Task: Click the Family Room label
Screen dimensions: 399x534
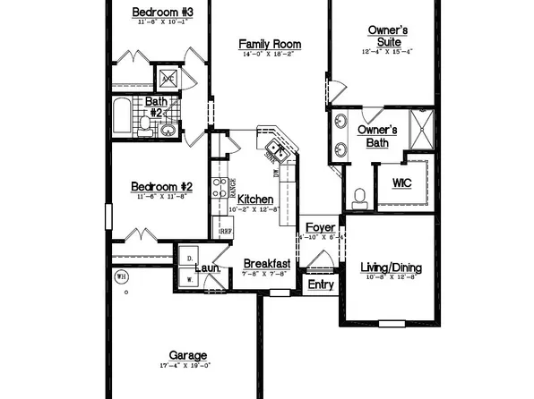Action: tap(271, 44)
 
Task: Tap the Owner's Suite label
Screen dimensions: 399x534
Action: tap(388, 36)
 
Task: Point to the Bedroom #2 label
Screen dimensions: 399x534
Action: tap(157, 186)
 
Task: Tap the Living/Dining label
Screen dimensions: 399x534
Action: tap(391, 267)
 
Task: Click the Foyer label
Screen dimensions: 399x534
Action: tap(320, 228)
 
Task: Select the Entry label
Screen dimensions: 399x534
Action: tap(320, 284)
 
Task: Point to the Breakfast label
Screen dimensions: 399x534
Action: tap(267, 264)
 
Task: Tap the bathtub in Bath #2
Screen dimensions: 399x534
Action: tap(122, 117)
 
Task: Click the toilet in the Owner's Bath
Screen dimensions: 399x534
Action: tap(359, 197)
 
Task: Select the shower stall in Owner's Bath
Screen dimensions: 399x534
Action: tap(420, 126)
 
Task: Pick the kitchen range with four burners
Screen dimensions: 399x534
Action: tap(219, 187)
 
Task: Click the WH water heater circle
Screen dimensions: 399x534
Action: tap(122, 276)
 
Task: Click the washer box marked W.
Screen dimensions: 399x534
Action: tap(187, 279)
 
